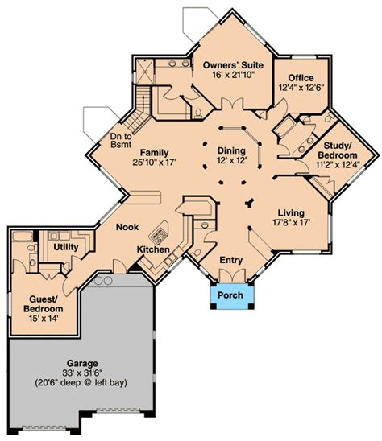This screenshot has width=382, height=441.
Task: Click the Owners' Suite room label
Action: click(x=233, y=65)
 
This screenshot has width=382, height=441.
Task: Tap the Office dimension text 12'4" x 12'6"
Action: click(x=301, y=88)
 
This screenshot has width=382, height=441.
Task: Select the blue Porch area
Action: click(x=232, y=295)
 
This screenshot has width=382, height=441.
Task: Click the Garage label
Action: click(x=82, y=364)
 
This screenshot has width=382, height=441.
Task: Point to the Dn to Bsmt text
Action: click(x=121, y=140)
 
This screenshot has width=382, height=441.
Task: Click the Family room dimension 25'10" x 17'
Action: click(x=154, y=163)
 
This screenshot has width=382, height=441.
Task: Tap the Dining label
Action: click(x=231, y=150)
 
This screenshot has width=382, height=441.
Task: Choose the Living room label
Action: click(x=291, y=213)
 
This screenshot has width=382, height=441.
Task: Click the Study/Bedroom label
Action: click(x=338, y=150)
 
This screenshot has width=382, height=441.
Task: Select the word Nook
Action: click(x=127, y=227)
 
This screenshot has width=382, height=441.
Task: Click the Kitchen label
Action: click(x=153, y=249)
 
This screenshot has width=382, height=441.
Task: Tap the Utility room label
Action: click(x=66, y=247)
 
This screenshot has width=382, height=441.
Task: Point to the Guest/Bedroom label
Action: click(x=43, y=303)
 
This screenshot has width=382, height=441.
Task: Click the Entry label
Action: click(x=231, y=260)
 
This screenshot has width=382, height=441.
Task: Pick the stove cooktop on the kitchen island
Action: click(x=159, y=236)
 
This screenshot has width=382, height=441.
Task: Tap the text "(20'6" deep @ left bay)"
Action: click(x=81, y=383)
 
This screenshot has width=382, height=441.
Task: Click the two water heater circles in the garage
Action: click(x=103, y=280)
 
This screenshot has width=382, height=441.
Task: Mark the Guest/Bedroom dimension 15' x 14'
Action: click(x=44, y=319)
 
